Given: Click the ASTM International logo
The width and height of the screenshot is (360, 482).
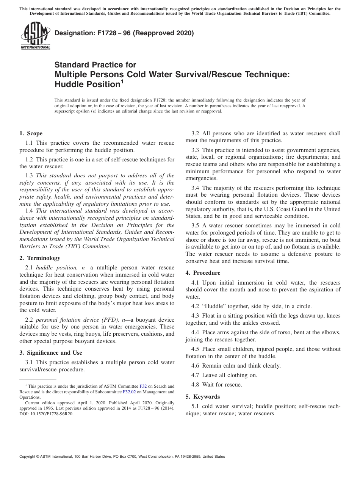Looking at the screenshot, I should coord(35,36).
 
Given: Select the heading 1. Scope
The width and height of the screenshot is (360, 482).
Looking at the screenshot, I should coord(31,133).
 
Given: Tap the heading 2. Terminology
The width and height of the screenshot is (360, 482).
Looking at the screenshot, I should coord(39,258).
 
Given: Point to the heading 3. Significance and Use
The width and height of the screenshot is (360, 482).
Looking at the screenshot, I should coord(50,353).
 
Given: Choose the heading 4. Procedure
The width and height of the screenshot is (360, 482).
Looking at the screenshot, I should coord(203,273).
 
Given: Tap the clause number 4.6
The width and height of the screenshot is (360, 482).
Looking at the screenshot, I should coord(195,366).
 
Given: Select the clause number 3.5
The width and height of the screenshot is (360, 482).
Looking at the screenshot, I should coord(195,225).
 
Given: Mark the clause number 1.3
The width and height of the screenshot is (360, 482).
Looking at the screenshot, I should coord(29,175).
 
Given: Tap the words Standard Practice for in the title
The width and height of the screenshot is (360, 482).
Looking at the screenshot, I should coord(95,65).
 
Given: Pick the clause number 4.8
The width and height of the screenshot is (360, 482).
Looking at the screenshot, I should coord(195,385).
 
